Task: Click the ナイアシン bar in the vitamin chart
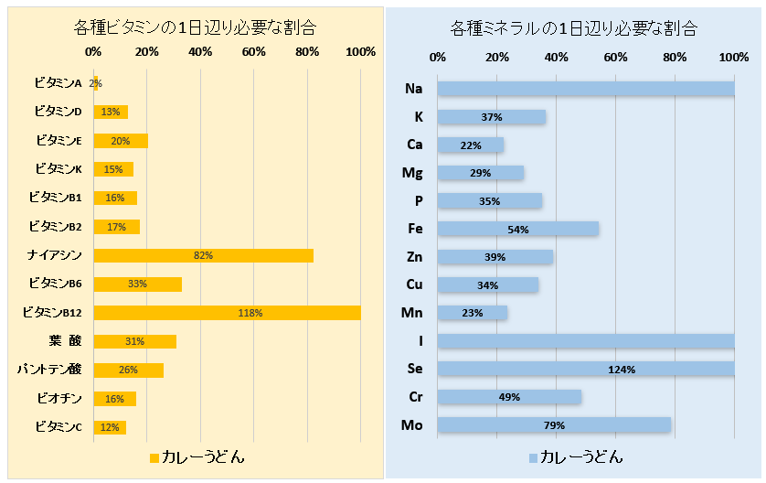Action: coord(203,255)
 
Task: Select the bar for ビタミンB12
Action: coord(227,313)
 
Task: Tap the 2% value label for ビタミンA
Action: coord(96,83)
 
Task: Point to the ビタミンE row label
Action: coord(59,141)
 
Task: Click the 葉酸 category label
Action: coord(65,341)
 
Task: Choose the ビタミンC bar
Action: coord(110,427)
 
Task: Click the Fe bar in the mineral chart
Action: coord(517,229)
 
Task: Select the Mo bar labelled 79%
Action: coord(553,425)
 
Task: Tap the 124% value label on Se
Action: coord(621,370)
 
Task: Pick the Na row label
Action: coord(413,89)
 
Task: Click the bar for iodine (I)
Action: coord(585,341)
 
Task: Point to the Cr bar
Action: coord(509,397)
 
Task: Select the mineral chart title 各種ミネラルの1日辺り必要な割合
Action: coord(574,28)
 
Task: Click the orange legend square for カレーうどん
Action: coord(154,456)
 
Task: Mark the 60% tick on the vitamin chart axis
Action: coord(254,52)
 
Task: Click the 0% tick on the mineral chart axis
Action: coord(437,58)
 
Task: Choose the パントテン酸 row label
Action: coord(50,370)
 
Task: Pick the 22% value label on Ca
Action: coord(471,145)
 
